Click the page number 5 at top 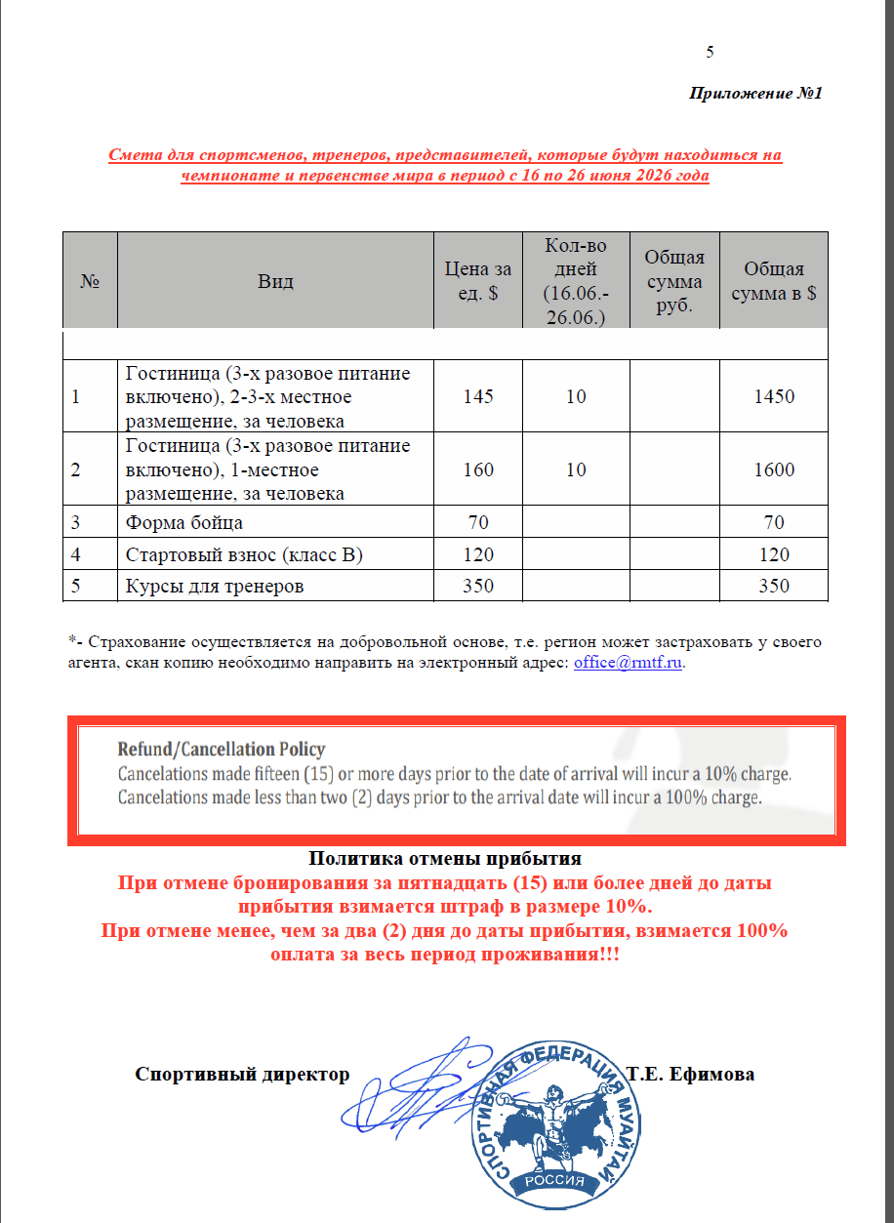pos(710,53)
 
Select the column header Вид pos(275,282)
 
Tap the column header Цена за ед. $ pos(478,282)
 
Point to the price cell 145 pos(478,397)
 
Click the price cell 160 pos(478,469)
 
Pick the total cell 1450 pos(774,397)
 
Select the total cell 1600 pos(774,469)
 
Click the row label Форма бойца pos(184,522)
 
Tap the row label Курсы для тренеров pos(215,587)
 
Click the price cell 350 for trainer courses pos(478,587)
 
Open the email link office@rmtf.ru pos(629,663)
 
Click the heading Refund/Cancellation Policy pos(222,750)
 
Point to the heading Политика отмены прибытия pos(445,859)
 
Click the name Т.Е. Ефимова pos(691,1075)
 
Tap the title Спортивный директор pos(242,1075)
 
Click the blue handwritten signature pos(410,1088)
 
